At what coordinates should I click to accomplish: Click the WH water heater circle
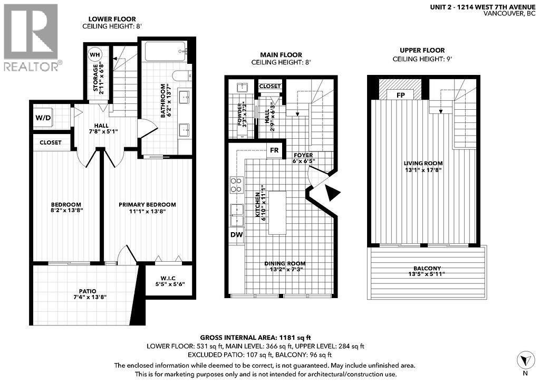(95, 55)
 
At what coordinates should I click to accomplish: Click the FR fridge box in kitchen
(274, 150)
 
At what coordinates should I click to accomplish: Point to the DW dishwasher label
(236, 235)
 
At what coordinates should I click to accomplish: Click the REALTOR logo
(31, 37)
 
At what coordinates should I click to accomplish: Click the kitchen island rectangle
(277, 213)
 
